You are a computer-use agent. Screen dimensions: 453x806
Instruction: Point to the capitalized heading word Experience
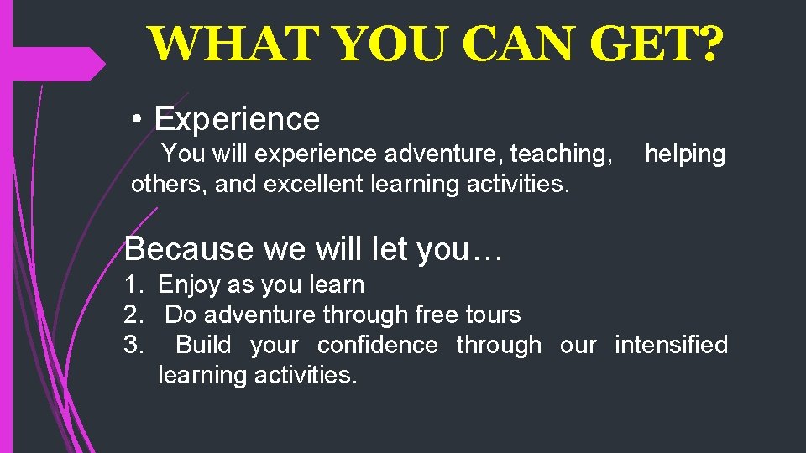click(x=237, y=120)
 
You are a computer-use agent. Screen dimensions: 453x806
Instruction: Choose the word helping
click(x=684, y=154)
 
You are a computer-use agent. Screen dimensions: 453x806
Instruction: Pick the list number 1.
click(x=133, y=285)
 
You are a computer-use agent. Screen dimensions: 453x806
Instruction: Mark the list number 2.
click(x=133, y=315)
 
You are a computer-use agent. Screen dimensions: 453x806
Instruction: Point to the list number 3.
click(x=133, y=345)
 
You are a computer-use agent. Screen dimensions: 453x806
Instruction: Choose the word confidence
click(x=377, y=345)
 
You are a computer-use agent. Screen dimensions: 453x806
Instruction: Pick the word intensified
click(x=671, y=345)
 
